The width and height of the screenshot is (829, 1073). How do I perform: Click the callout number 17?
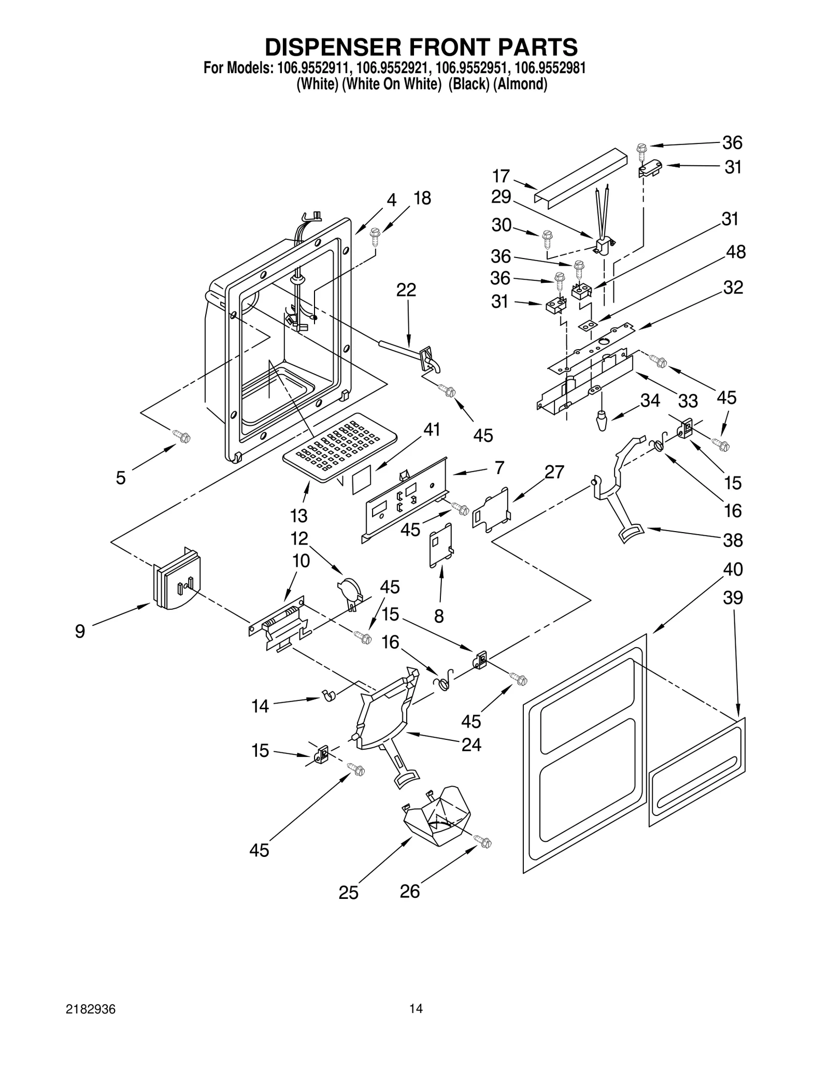pos(501,176)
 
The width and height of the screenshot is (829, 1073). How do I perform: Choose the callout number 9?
pos(80,631)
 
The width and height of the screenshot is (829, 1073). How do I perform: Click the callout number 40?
pos(733,569)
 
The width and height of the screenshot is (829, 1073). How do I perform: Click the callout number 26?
pos(409,891)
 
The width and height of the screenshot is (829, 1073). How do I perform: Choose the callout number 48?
pos(736,252)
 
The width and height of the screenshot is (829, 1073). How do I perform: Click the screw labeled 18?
pos(375,236)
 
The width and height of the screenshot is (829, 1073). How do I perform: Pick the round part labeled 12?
pos(349,591)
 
